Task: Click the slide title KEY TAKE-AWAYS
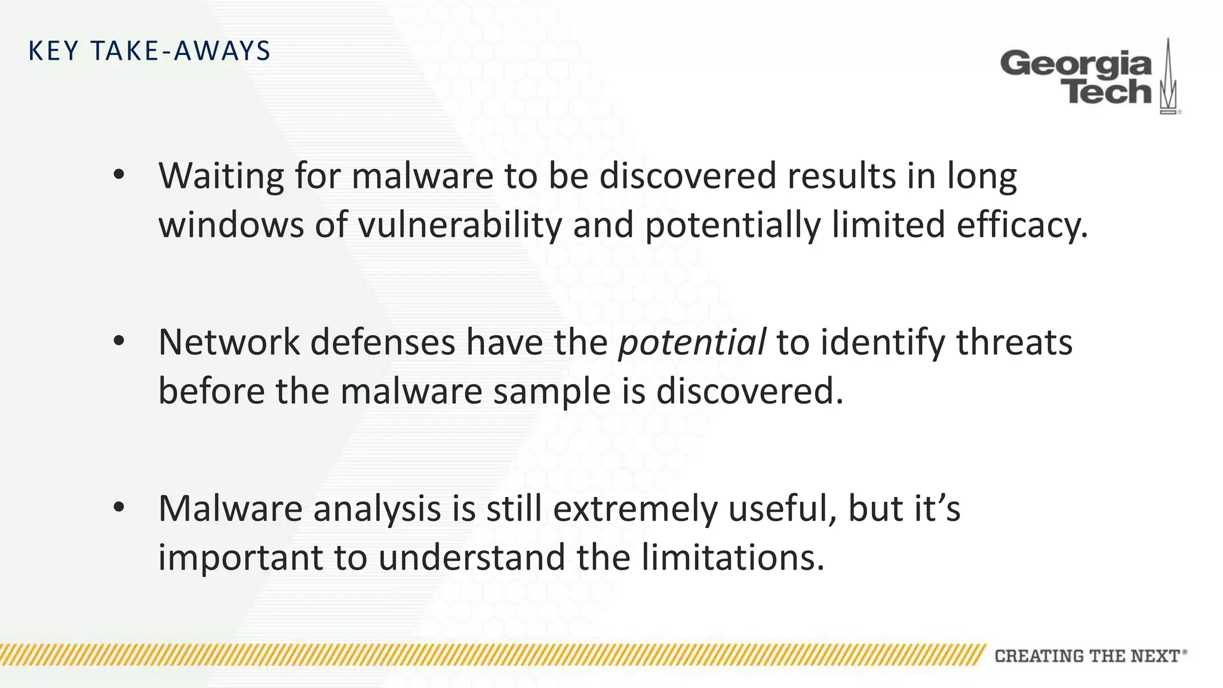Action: (149, 51)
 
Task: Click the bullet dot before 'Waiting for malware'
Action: (119, 175)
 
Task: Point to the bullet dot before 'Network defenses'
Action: (119, 341)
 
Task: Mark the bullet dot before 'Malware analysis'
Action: (119, 507)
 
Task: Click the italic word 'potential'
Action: (692, 342)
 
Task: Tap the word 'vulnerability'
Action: (460, 225)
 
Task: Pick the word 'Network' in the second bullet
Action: (229, 342)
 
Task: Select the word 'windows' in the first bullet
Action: (231, 225)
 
